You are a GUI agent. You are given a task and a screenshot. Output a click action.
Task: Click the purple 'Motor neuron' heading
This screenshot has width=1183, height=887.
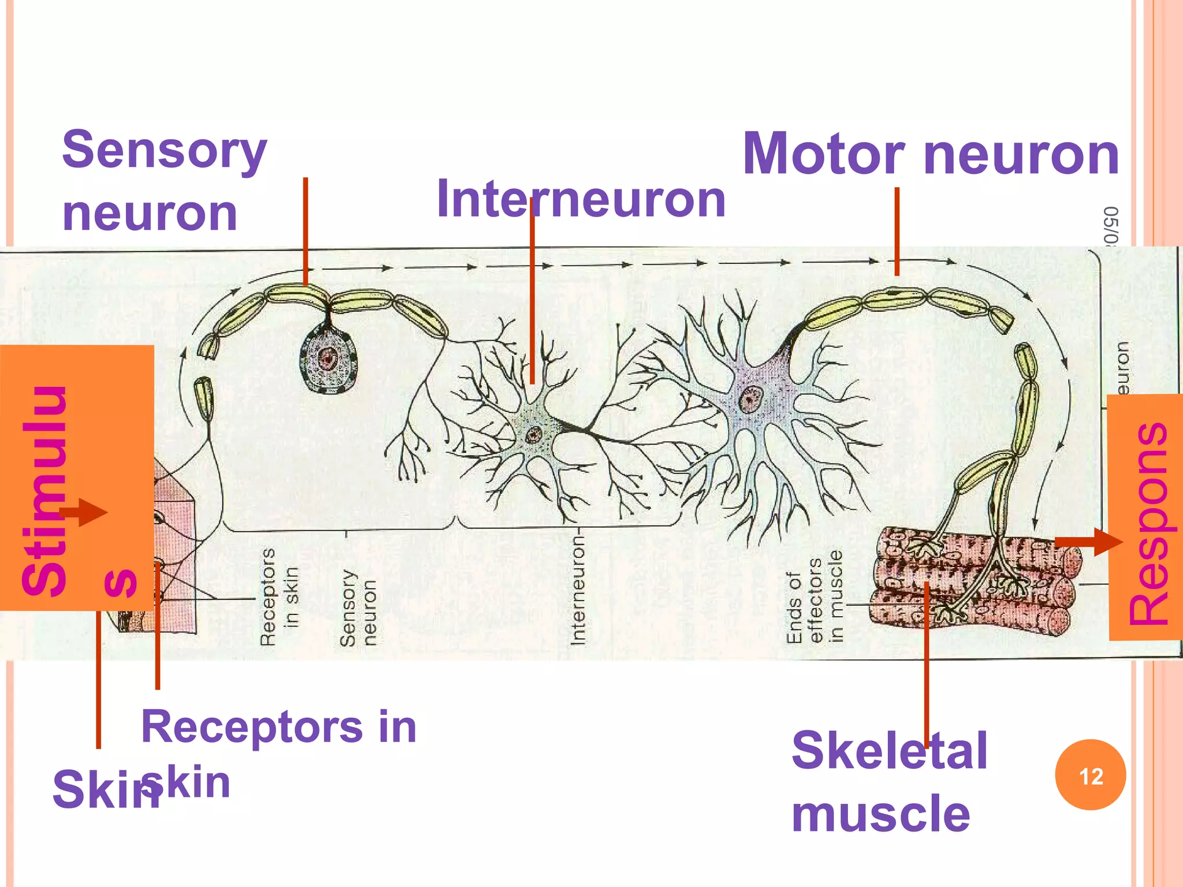(x=930, y=154)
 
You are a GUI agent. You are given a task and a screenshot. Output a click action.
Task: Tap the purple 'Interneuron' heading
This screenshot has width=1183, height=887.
(x=581, y=199)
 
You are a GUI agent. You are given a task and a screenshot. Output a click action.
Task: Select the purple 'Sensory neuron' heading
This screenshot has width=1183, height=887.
(x=164, y=180)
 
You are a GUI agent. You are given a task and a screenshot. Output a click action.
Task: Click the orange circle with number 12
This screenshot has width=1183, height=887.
(x=1090, y=775)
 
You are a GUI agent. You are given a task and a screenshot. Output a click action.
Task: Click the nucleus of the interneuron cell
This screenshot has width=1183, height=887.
(x=533, y=434)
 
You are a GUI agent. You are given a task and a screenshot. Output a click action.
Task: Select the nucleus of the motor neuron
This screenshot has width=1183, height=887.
(x=751, y=398)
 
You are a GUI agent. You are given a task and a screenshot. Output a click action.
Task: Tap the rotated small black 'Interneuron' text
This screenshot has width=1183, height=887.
(x=578, y=589)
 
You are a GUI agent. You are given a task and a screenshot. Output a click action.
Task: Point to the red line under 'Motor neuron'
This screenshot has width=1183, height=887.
(x=896, y=231)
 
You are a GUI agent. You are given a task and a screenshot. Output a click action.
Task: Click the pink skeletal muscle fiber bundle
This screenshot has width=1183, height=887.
(x=976, y=583)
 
